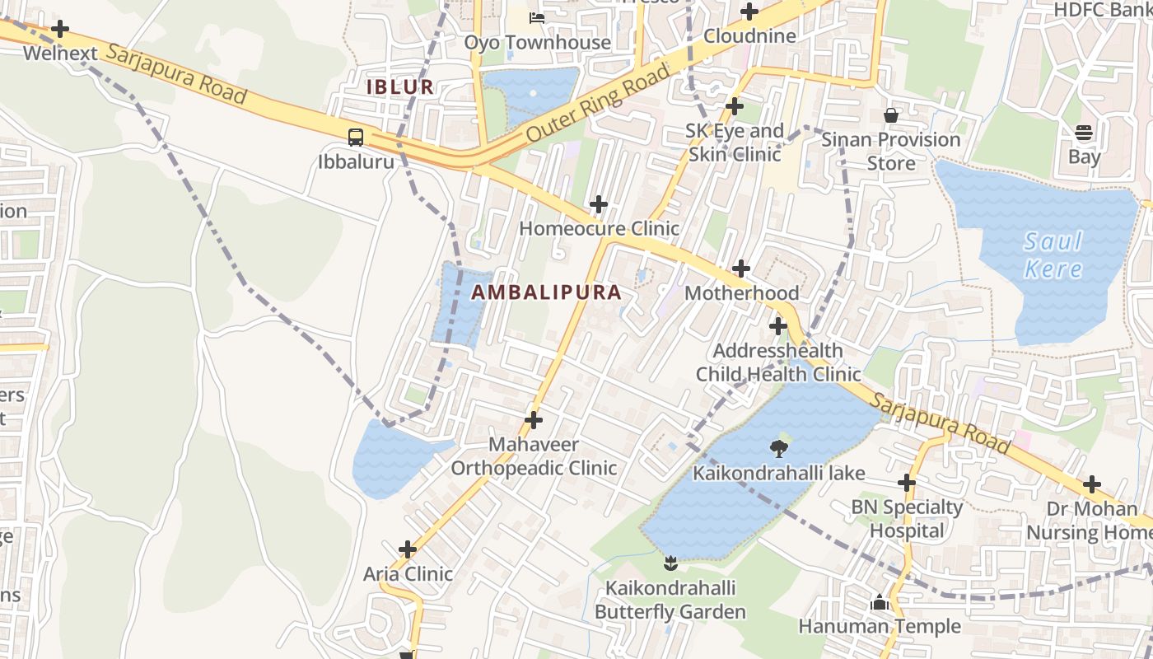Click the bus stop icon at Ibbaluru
coord(356,137)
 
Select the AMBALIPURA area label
coord(546,292)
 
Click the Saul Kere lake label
coord(1053,255)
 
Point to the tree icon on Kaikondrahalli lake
coord(778,448)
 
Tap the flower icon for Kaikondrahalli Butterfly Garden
coord(670,563)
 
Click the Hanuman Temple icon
coord(879,603)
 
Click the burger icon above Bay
coord(1084,132)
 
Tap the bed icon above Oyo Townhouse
coord(537,17)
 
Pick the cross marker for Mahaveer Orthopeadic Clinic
coord(534,420)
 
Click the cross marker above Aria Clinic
coord(408,549)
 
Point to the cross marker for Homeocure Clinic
coord(599,203)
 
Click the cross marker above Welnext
coord(60,29)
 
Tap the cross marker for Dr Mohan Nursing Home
coord(1092,484)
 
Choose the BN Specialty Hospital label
coord(907,519)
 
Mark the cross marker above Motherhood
coord(741,268)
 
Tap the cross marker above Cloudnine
coord(749,12)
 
